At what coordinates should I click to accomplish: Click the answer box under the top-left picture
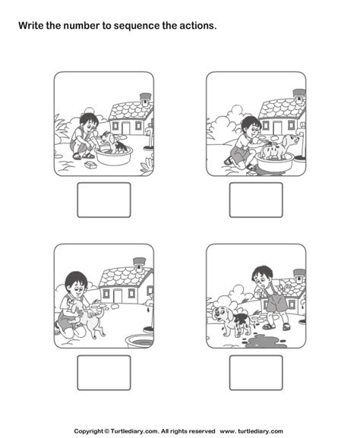[x=104, y=200]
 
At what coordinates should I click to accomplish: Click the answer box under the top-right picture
[x=256, y=200]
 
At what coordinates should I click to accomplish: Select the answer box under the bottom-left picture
[x=104, y=373]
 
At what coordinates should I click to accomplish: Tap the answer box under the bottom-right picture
[x=256, y=373]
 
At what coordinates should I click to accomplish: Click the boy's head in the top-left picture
[x=90, y=121]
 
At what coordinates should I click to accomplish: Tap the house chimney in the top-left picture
[x=145, y=98]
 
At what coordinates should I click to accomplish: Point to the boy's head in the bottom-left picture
[x=74, y=282]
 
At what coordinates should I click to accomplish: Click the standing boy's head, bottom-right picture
[x=263, y=274]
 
